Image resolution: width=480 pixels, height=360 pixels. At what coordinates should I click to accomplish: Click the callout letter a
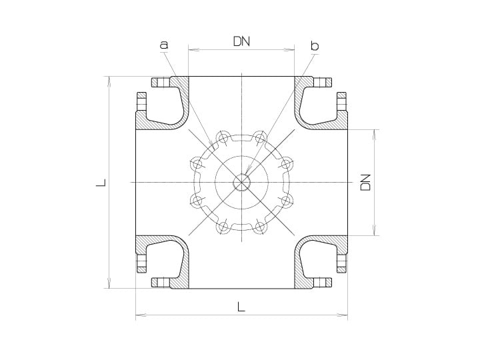pos(164,45)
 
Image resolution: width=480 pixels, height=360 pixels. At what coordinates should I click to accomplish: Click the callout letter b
pos(315,45)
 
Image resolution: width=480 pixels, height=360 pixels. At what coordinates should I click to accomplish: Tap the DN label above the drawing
pos(241,41)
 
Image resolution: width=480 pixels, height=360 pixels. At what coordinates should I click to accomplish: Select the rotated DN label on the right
pos(365,183)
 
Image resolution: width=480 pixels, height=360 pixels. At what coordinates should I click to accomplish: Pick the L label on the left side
pos(101,183)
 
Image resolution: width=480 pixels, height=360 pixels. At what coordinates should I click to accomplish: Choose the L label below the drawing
pos(241,307)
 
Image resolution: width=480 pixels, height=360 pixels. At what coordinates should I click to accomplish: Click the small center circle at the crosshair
pos(241,183)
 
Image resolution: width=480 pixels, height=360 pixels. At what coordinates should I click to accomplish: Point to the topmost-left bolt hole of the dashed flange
pos(224,137)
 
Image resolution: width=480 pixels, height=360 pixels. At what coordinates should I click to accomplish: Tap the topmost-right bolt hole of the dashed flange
pos(259,137)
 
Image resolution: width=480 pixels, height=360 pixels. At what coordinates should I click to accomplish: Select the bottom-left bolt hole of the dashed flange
pos(224,227)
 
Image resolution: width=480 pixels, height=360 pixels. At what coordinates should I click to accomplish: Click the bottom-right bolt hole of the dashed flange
pos(259,227)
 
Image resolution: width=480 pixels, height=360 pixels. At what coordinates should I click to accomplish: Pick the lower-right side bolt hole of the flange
pos(286,201)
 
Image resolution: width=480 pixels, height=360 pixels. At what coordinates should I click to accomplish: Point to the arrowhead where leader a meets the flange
pos(211,144)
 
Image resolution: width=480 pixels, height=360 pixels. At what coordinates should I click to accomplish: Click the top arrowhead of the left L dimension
pos(109,81)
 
